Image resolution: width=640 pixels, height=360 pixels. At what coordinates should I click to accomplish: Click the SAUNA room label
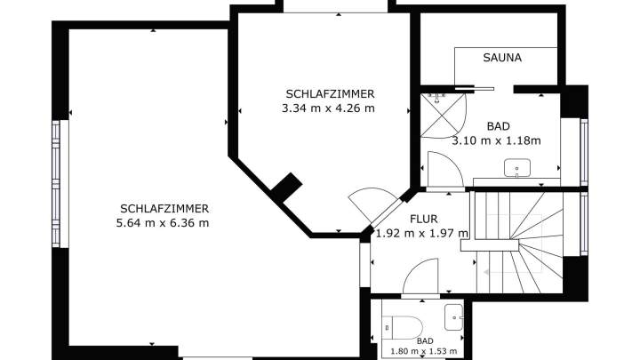[x=502, y=58]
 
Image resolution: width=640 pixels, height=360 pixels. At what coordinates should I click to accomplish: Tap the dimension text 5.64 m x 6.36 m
[x=163, y=223]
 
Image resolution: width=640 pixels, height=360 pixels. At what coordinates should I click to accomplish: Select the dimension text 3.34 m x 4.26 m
[x=328, y=108]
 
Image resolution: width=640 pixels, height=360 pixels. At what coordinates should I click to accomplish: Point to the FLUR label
[x=424, y=220]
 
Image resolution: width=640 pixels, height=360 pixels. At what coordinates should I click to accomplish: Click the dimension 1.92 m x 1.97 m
[x=422, y=234]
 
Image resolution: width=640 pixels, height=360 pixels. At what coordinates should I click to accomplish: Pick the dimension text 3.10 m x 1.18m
[x=496, y=140]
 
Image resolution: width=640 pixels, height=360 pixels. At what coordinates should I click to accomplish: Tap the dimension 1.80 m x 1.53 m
[x=424, y=351]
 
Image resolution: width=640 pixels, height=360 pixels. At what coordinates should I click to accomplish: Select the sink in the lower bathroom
[x=453, y=317]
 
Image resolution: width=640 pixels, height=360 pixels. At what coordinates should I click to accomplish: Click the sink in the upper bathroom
[x=517, y=168]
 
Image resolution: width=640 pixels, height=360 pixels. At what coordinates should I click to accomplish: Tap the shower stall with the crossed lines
[x=444, y=116]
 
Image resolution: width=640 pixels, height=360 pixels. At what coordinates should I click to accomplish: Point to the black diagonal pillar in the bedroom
[x=286, y=188]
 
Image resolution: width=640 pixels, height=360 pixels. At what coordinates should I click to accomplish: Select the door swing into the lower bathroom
[x=420, y=276]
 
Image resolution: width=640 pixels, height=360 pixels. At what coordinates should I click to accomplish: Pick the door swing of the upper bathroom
[x=445, y=170]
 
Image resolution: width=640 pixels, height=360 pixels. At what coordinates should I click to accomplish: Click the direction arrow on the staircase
[x=488, y=272]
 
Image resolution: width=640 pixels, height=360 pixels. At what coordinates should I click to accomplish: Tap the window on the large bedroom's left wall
[x=56, y=184]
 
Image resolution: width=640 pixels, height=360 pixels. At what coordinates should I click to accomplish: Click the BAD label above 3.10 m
[x=499, y=126]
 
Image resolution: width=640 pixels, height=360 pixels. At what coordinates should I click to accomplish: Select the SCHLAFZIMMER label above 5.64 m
[x=164, y=209]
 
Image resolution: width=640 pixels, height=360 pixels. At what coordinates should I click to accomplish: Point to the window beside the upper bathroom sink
[x=584, y=152]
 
